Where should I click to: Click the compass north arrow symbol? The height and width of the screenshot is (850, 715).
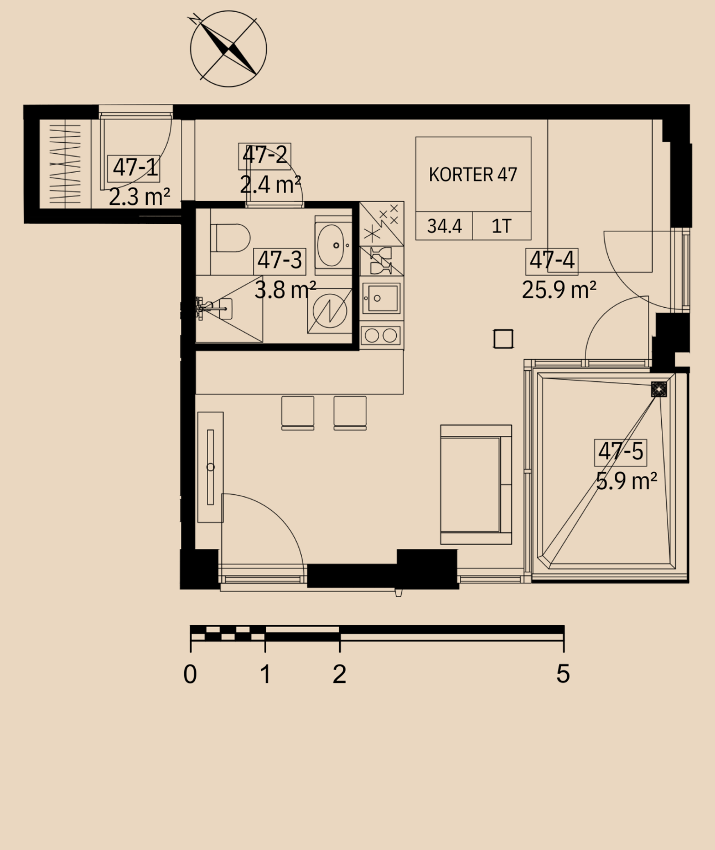click(x=229, y=49)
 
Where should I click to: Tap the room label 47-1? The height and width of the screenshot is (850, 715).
click(x=134, y=168)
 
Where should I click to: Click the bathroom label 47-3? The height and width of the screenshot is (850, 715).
click(x=279, y=261)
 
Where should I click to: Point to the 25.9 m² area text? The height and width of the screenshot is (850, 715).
click(x=559, y=290)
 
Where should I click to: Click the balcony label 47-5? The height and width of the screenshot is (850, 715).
click(x=620, y=452)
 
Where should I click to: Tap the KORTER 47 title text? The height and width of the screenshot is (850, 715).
click(x=473, y=175)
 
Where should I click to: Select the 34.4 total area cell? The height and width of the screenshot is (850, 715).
click(x=444, y=226)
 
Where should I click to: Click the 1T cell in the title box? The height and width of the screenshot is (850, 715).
click(x=501, y=226)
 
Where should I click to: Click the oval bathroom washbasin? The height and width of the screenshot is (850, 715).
click(x=331, y=245)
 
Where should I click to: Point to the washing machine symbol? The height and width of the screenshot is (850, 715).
click(x=330, y=311)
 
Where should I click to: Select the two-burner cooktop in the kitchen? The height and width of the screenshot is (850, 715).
click(x=381, y=336)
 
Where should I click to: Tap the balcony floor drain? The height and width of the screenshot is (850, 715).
click(x=659, y=390)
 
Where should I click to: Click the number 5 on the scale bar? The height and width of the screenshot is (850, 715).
click(x=563, y=673)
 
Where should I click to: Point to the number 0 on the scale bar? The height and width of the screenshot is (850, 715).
click(x=190, y=674)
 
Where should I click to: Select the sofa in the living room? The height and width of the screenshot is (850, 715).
click(x=476, y=485)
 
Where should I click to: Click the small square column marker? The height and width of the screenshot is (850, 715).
click(x=503, y=339)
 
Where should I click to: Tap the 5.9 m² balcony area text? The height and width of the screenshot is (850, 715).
click(x=626, y=481)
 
